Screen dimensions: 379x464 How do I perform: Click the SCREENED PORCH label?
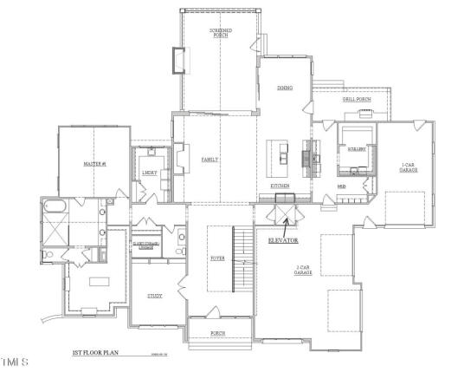pos(220,34)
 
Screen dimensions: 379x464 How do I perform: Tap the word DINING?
pos(284,88)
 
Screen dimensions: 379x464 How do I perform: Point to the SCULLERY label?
pos(356,149)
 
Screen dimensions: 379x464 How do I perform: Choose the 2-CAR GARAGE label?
pos(302,271)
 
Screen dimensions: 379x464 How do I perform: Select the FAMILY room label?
pos(209,160)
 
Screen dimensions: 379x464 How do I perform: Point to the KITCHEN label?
pos(279,186)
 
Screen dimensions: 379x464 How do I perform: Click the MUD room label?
pos(341,186)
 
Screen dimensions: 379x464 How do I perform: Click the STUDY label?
pos(153,296)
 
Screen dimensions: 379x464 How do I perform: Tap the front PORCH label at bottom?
pos(219,332)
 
